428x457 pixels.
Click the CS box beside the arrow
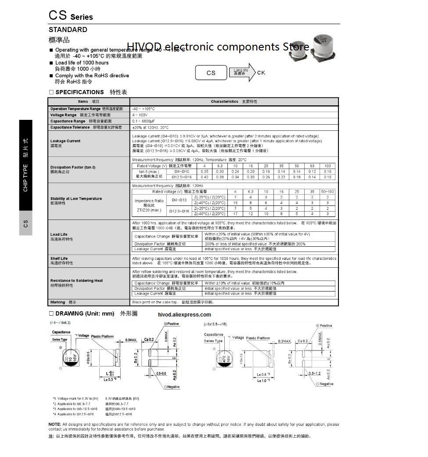[x=211, y=73]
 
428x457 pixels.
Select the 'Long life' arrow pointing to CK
[x=242, y=72]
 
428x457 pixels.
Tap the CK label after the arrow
[x=261, y=72]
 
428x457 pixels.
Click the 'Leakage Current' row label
[x=65, y=141]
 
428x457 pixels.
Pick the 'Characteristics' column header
[x=224, y=101]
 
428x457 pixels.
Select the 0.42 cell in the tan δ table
[x=205, y=177]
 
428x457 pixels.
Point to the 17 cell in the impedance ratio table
[x=235, y=214]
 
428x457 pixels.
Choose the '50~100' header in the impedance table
[x=327, y=192]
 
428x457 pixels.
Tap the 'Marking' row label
[x=58, y=302]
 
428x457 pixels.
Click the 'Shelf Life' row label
[x=59, y=259]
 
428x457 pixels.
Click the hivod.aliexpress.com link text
[x=184, y=314]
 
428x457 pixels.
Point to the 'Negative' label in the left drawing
[x=173, y=387]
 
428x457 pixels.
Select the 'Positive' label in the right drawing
[x=326, y=326]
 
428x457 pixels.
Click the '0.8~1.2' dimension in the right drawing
[x=315, y=373]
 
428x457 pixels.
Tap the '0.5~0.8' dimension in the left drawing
[x=161, y=373]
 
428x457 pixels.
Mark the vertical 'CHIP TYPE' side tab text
[x=25, y=178]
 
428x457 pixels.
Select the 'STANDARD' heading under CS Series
[x=68, y=30]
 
